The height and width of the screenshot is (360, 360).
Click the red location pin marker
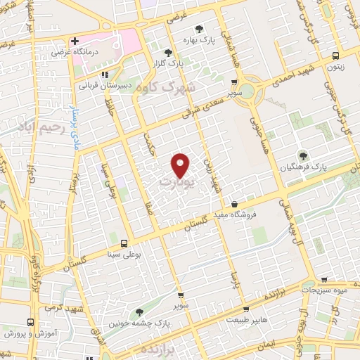click(x=181, y=165)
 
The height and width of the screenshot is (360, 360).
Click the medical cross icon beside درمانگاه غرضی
click(x=75, y=41)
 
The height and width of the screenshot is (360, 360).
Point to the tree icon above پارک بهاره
click(x=200, y=29)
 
